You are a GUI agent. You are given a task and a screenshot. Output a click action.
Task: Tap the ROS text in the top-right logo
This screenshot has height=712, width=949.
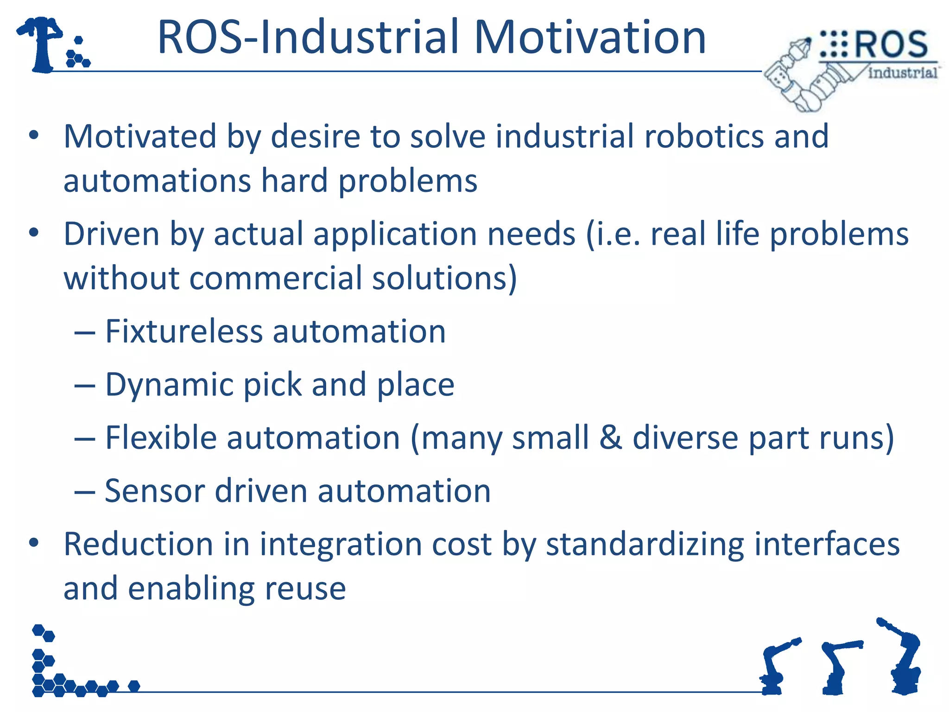coord(891,45)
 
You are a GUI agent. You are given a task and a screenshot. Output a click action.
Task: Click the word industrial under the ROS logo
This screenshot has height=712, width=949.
coord(903,73)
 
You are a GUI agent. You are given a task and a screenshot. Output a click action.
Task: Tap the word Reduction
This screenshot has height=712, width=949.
coord(138,544)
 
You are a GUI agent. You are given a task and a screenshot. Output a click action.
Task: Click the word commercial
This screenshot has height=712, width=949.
coord(275,278)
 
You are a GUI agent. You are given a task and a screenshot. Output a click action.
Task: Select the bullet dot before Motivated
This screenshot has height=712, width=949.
coord(34,135)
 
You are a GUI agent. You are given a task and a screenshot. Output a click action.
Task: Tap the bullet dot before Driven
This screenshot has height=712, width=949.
coord(34,233)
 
